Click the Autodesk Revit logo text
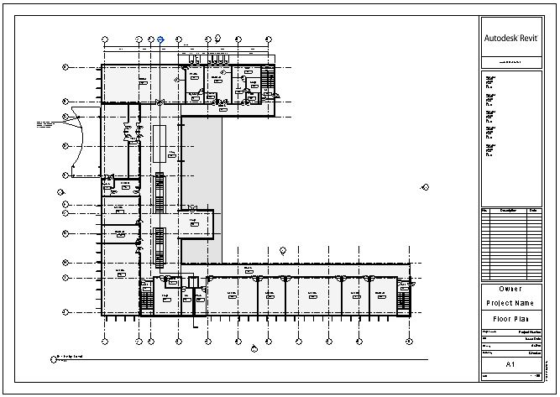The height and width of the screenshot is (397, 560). [x=512, y=38]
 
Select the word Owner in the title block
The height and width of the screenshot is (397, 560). [x=510, y=289]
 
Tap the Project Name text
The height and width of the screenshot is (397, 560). [x=510, y=303]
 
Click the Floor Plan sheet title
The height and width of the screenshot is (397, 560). [x=510, y=320]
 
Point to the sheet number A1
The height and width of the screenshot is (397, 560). [x=510, y=365]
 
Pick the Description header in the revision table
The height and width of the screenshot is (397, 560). [x=508, y=210]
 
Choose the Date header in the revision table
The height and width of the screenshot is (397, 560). [x=534, y=210]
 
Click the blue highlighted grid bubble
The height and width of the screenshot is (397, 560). [x=160, y=39]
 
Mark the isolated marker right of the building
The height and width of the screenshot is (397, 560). [x=425, y=187]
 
